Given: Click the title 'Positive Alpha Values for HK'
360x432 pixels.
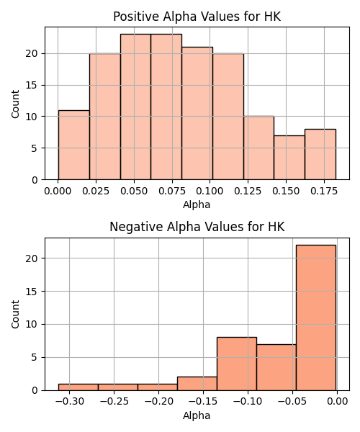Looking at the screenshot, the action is (197, 17).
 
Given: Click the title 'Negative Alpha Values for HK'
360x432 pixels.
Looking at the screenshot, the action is (197, 227).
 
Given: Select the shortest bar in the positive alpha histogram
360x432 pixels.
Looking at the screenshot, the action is (289, 158).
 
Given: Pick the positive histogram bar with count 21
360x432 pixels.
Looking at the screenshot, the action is (197, 113).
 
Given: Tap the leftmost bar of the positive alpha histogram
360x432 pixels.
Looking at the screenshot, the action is (74, 145).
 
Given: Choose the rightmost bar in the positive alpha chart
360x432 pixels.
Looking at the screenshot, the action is (320, 154).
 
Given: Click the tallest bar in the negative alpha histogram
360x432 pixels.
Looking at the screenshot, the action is (316, 318).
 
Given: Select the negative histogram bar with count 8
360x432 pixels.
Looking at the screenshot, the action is (237, 364).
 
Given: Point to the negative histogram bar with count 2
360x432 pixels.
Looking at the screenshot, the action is (197, 384).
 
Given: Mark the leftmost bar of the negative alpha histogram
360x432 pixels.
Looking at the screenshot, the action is (78, 387).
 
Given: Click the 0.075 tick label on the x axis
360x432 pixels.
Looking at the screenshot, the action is (172, 191).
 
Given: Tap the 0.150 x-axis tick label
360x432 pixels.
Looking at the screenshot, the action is (286, 191).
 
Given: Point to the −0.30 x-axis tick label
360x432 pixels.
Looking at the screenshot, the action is (69, 402).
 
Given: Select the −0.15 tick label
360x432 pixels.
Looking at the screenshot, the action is (203, 402).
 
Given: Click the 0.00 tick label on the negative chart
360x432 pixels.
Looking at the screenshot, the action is (338, 402).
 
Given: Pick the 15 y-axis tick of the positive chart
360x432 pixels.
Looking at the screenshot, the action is (32, 85).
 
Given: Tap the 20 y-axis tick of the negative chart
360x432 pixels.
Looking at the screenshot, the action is (32, 258).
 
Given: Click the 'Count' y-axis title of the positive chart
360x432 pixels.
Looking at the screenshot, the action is (15, 104).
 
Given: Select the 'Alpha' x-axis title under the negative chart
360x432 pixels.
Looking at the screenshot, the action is (197, 415).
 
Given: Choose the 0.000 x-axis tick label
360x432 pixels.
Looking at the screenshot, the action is (58, 191).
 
